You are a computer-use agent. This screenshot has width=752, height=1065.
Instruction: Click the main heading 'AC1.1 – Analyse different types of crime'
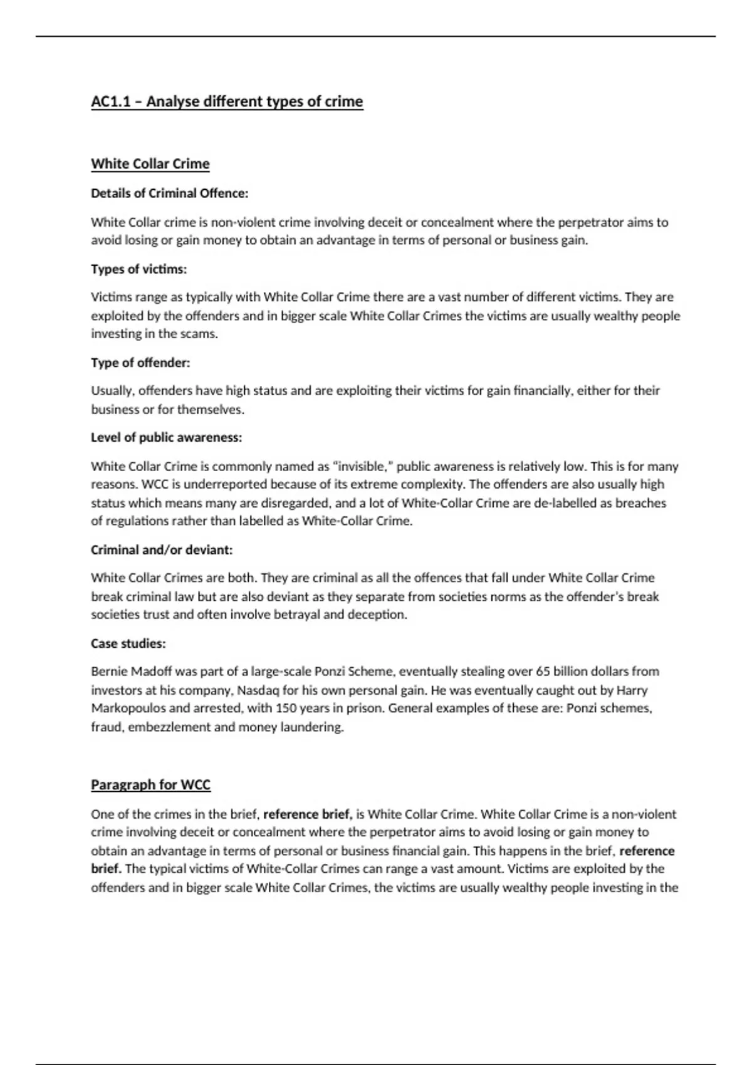coord(227,101)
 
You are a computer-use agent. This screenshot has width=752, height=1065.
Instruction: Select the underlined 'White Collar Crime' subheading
coord(150,164)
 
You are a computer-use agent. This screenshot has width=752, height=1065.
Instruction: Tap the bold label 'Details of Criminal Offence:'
coord(170,194)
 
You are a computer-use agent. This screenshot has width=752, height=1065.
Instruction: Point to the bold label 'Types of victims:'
coord(139,269)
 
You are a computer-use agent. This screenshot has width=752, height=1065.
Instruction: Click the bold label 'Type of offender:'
coord(140,363)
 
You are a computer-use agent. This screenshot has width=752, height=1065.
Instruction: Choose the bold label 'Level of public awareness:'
coord(167,438)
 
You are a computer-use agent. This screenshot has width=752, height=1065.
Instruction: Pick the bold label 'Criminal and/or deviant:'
coord(162,550)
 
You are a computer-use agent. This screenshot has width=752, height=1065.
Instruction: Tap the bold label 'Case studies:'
coord(128,643)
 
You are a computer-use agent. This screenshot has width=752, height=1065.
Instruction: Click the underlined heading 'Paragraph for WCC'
coord(150,785)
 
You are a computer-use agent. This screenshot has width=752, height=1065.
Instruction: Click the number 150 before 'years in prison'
coord(286,709)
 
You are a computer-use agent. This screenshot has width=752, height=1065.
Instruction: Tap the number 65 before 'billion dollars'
coord(543,672)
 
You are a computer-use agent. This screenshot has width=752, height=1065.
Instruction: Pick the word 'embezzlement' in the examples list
coord(168,727)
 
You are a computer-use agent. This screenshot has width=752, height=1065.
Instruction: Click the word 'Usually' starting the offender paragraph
coord(112,391)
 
